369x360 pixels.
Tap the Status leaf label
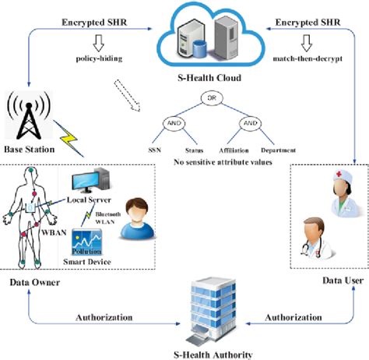point(195,150)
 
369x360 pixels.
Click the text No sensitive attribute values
point(210,161)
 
